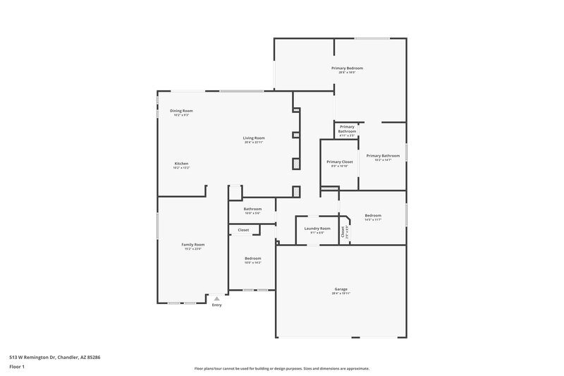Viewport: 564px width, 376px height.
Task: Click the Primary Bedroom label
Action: pyautogui.click(x=346, y=68)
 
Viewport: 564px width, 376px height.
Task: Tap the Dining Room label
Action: pyautogui.click(x=181, y=111)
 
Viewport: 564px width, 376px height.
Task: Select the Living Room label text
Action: pyautogui.click(x=254, y=138)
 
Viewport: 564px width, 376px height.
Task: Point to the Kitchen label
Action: pyautogui.click(x=181, y=164)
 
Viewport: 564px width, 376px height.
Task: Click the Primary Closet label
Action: pyautogui.click(x=339, y=162)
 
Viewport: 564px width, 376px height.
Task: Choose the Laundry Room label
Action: pyautogui.click(x=317, y=229)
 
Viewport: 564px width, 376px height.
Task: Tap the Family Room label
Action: pyautogui.click(x=193, y=245)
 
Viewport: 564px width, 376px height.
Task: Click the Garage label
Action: pyautogui.click(x=341, y=289)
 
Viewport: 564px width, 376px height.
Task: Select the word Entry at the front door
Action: pyautogui.click(x=216, y=305)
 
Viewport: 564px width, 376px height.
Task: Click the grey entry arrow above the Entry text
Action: pyautogui.click(x=216, y=298)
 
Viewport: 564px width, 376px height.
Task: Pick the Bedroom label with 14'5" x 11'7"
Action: pyautogui.click(x=373, y=215)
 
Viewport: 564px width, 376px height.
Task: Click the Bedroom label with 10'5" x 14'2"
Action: pyautogui.click(x=253, y=258)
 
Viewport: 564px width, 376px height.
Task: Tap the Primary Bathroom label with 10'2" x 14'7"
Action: pyautogui.click(x=383, y=155)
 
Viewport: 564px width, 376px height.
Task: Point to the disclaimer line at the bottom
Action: pyautogui.click(x=281, y=368)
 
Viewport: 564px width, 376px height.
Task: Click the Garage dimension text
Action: pyautogui.click(x=341, y=293)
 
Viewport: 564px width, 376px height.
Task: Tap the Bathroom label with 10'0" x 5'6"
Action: pyautogui.click(x=252, y=209)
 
